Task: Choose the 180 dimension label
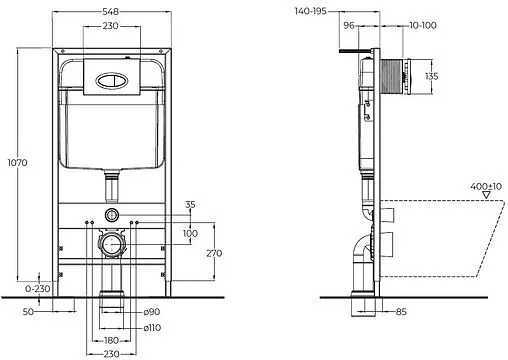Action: [114, 340]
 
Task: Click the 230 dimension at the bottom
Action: [114, 353]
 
